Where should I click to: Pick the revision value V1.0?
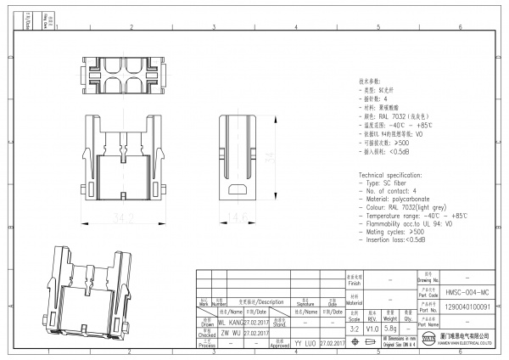372,327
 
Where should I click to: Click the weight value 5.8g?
391,327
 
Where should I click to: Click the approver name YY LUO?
305,344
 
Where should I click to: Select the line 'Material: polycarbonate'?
399,200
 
